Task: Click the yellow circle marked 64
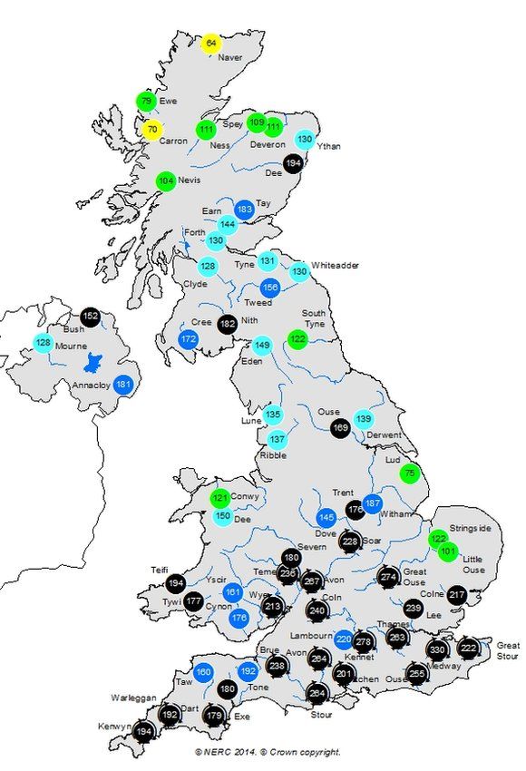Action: point(211,44)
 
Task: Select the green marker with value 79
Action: point(147,101)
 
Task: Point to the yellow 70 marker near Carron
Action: point(152,130)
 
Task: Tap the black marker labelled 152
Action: point(90,317)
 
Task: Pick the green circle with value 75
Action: point(409,473)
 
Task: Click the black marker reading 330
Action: point(437,649)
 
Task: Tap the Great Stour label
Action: point(507,649)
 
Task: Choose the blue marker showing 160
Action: point(203,672)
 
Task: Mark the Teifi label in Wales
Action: point(160,570)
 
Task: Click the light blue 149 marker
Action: point(262,346)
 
